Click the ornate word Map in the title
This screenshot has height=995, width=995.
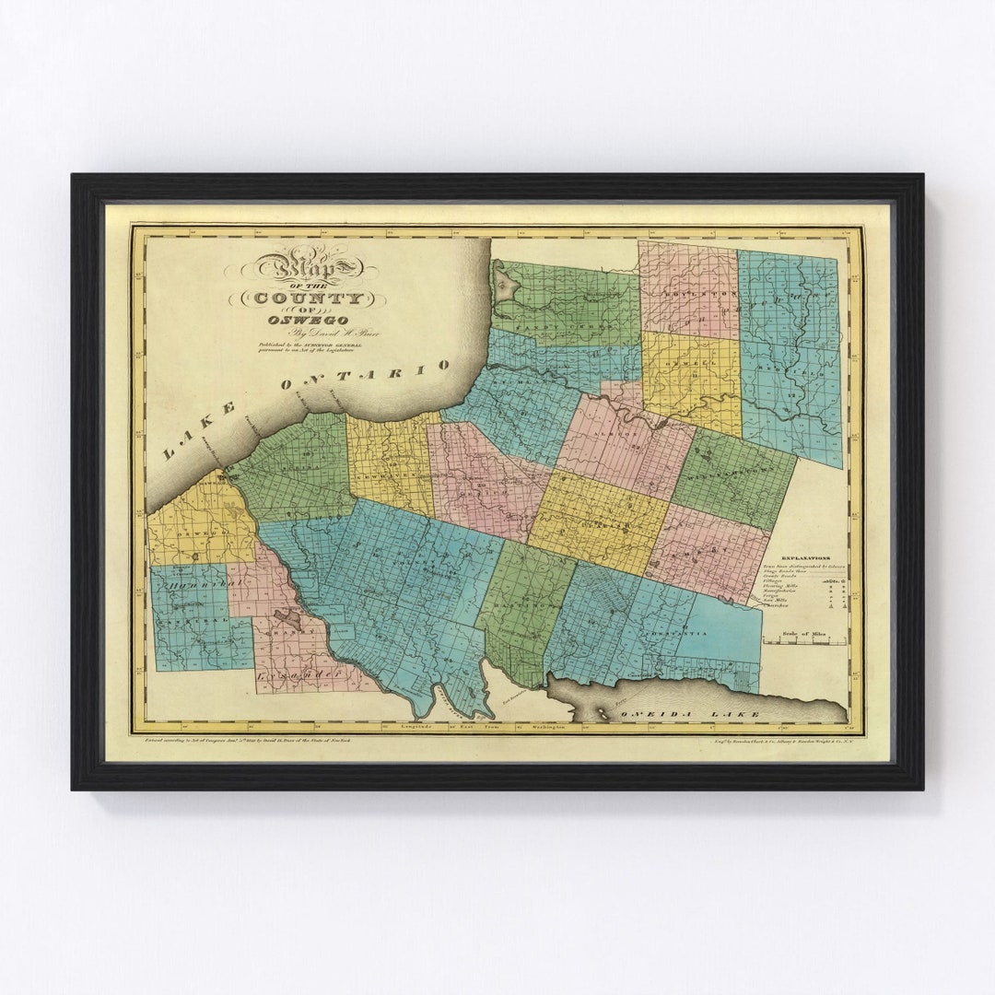pos(308,268)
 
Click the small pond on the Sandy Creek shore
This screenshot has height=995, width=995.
pos(503,286)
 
